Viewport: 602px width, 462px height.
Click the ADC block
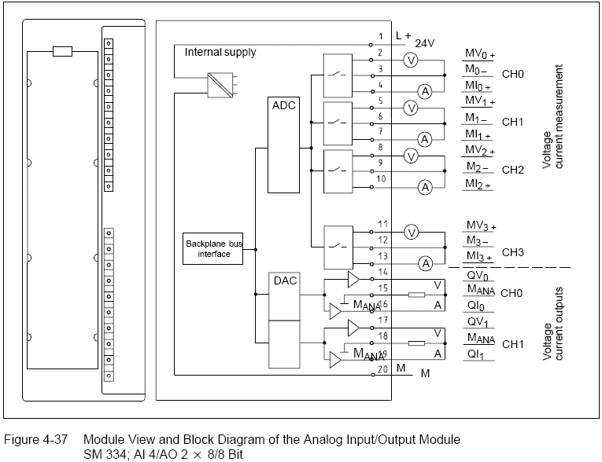(283, 145)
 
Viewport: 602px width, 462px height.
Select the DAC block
(283, 299)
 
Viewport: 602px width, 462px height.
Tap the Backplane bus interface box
(213, 249)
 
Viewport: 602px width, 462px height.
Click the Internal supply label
(220, 53)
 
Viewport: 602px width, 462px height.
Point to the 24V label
(425, 43)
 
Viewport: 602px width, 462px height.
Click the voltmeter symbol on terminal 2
(410, 60)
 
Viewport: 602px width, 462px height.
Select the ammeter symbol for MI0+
(425, 92)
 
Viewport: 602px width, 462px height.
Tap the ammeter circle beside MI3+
(425, 262)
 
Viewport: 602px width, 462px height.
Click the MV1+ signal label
(479, 102)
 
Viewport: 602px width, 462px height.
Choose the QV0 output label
(477, 277)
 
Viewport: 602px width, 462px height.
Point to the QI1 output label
(476, 355)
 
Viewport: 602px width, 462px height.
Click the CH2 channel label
(513, 170)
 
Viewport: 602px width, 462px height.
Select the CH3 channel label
(513, 253)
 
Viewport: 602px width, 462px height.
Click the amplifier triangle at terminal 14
(354, 280)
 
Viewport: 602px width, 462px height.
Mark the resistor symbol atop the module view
(62, 52)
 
